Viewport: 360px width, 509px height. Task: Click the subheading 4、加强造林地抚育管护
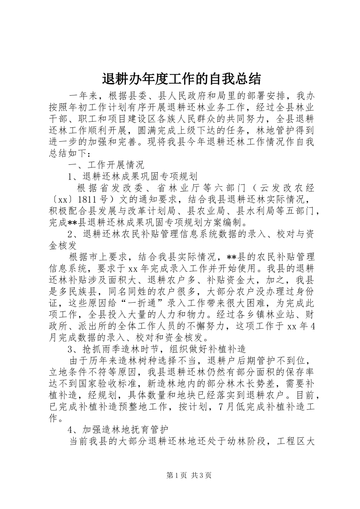[x=117, y=429]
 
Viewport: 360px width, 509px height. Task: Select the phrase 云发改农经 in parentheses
[x=291, y=188]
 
